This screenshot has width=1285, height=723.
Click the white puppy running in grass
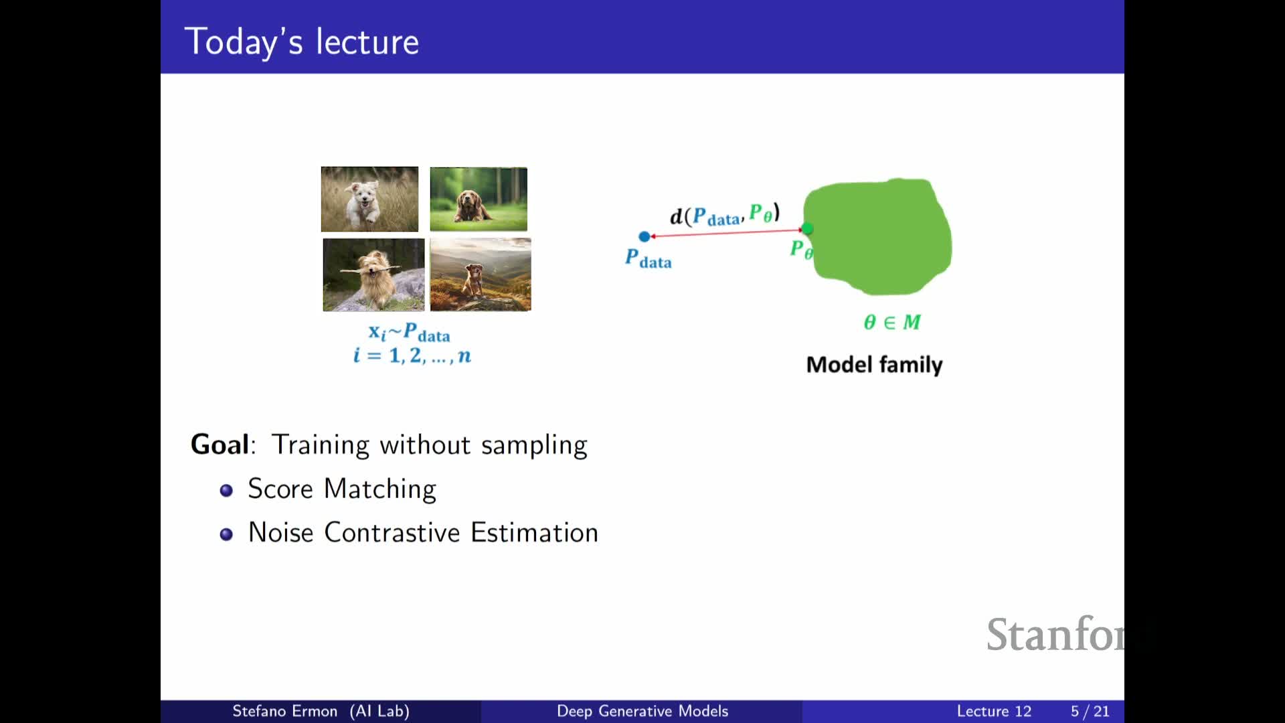[x=369, y=199]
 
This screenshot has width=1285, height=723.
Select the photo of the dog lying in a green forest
[x=479, y=199]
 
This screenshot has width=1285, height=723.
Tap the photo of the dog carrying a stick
[x=373, y=274]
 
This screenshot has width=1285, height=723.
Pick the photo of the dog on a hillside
[x=481, y=274]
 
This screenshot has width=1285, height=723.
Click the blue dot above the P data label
[x=645, y=236]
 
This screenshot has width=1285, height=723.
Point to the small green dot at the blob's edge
[x=808, y=229]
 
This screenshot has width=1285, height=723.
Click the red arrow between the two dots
[x=726, y=233]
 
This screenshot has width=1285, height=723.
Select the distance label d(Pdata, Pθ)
[x=725, y=214]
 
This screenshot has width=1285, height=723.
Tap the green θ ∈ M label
[x=892, y=322]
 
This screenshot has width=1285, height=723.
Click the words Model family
[x=874, y=365]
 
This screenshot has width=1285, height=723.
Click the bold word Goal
[x=220, y=445]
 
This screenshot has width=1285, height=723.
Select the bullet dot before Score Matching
[x=226, y=491]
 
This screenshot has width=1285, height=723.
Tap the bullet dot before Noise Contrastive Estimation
[x=226, y=534]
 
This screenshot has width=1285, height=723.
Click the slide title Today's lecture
[x=302, y=42]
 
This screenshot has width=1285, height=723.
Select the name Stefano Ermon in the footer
[x=284, y=711]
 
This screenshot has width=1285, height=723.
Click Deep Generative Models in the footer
[x=642, y=711]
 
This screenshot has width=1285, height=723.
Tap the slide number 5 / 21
[x=1090, y=711]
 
